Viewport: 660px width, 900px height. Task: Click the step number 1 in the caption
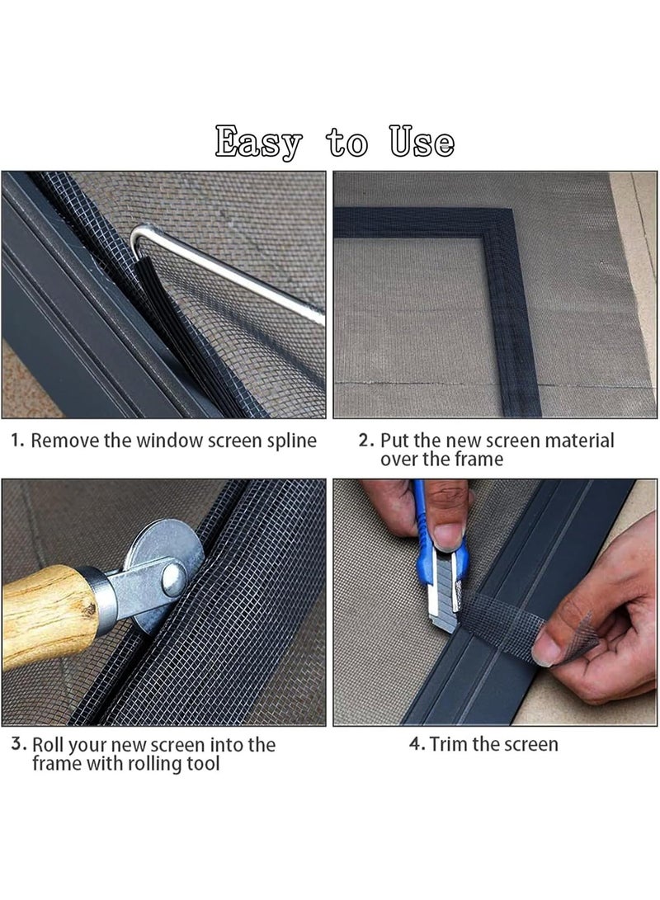(16, 441)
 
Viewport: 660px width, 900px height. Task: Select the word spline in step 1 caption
(288, 441)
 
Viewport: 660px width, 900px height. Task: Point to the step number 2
(365, 441)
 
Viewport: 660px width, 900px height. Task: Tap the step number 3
(17, 743)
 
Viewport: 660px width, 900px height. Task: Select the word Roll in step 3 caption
(50, 744)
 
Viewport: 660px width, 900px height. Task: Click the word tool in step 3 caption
(202, 764)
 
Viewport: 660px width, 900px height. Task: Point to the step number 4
(417, 744)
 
